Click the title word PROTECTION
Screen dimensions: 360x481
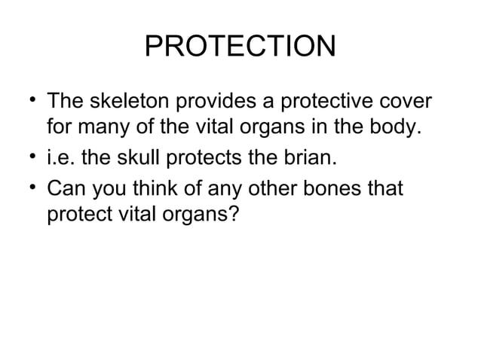[240, 47]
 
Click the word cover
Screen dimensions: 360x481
[407, 101]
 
